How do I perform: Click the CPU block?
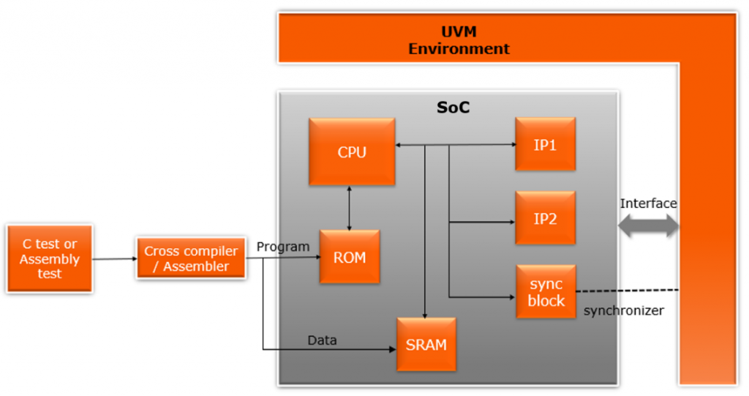pos(352,152)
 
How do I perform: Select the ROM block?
pos(350,257)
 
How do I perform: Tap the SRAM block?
pos(426,344)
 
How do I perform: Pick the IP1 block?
pos(545,144)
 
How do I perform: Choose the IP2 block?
pos(545,217)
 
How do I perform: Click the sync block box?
pos(546,291)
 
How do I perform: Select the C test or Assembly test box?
pos(50,258)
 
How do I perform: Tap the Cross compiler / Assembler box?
pos(190,258)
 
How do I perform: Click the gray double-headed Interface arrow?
pos(649,226)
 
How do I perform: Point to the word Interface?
pos(648,203)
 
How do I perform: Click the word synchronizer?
pos(623,310)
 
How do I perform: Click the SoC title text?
pos(453,108)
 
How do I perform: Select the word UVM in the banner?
pos(459,33)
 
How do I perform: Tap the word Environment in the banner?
pos(459,49)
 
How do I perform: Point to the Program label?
pos(282,247)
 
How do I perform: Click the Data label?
pos(322,340)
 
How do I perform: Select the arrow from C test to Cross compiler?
pos(115,258)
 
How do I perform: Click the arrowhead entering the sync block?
pos(511,297)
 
